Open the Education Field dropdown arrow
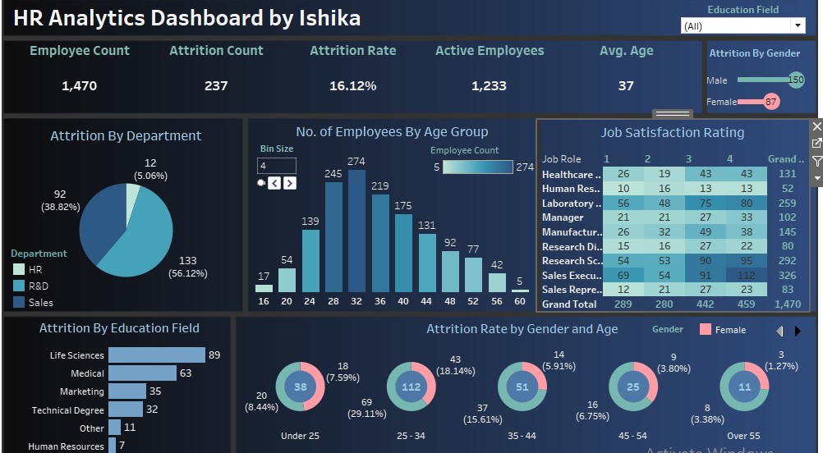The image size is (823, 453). tap(798, 26)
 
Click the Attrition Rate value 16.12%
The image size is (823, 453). tap(352, 85)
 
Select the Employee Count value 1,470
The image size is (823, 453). tap(79, 85)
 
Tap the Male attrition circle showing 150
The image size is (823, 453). tap(795, 80)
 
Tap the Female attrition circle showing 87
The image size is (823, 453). tap(770, 102)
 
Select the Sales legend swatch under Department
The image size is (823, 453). tap(19, 302)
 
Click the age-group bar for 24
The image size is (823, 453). tap(310, 260)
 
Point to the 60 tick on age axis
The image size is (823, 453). tap(519, 301)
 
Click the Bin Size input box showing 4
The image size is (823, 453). tap(276, 166)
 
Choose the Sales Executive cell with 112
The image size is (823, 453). tap(746, 275)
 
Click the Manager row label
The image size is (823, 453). tap(563, 217)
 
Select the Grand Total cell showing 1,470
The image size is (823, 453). tap(787, 304)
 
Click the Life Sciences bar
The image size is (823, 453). tap(156, 355)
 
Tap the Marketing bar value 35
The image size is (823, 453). tap(154, 391)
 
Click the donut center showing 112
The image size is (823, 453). tap(411, 387)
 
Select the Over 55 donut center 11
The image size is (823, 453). tap(744, 387)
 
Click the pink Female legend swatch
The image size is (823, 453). tap(706, 330)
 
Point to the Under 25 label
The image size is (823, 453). tap(300, 436)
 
